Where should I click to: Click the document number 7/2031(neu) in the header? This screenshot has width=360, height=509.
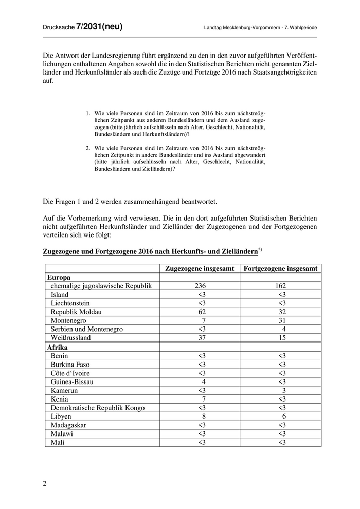[99, 27]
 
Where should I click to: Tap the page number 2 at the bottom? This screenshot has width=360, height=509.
[45, 483]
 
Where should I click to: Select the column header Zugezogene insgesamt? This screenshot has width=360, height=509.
[200, 268]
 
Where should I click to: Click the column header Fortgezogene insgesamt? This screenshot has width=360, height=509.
[281, 268]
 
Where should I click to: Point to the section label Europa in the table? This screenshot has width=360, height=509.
[59, 277]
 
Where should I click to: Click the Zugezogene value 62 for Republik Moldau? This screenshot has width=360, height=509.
[201, 312]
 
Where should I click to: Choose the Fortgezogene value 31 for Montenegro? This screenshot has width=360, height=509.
[282, 320]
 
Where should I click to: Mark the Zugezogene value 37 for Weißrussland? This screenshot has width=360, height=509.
[201, 338]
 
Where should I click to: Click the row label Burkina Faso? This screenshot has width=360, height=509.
[70, 365]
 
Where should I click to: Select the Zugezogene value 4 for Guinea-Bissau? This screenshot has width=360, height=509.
[204, 382]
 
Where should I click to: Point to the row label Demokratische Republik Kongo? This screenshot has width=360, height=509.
[98, 408]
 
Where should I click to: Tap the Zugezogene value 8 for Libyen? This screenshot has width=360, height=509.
[204, 416]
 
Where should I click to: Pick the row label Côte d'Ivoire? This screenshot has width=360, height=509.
[72, 373]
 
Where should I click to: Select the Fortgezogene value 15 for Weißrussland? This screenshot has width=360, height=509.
[282, 338]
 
